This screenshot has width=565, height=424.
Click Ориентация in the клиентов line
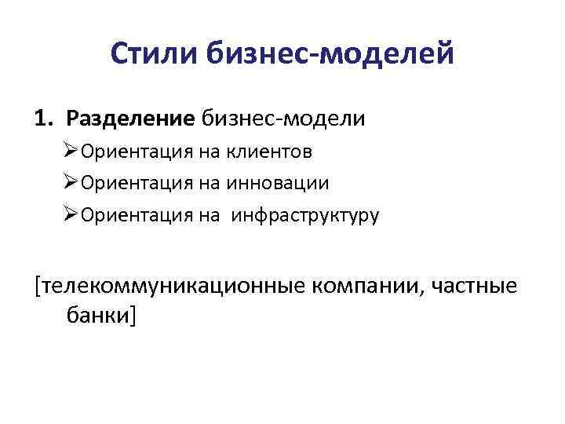pyautogui.click(x=130, y=152)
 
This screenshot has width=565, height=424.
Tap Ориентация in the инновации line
pyautogui.click(x=130, y=183)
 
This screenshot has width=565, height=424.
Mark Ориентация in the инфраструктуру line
pyautogui.click(x=130, y=215)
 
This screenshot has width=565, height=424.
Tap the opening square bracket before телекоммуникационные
pyautogui.click(x=38, y=285)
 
